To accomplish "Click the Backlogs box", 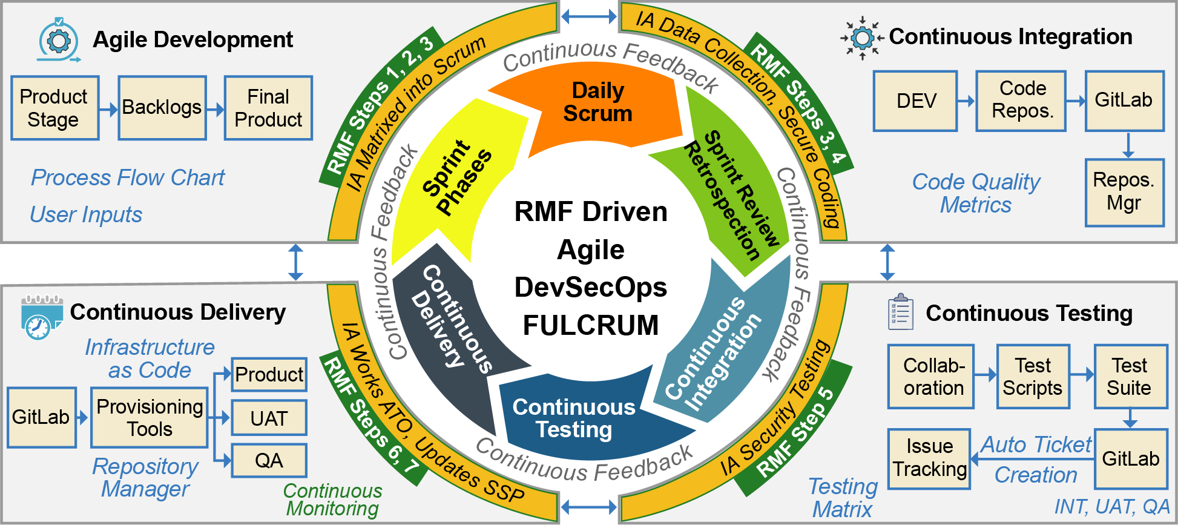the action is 162,108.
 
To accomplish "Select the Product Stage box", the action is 55,108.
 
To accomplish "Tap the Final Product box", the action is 268,108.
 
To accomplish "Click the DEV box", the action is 915,101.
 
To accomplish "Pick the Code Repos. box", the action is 1021,101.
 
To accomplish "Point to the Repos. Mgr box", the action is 1125,193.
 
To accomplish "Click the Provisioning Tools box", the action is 150,418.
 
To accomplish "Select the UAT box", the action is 269,418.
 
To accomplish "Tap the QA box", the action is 269,461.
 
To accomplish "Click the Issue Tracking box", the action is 929,458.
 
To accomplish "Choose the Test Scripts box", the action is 1033,377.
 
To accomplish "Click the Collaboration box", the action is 931,377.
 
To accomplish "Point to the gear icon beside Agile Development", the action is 59,40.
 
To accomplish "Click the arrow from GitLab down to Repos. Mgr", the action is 1128,145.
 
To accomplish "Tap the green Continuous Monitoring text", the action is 333,500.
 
